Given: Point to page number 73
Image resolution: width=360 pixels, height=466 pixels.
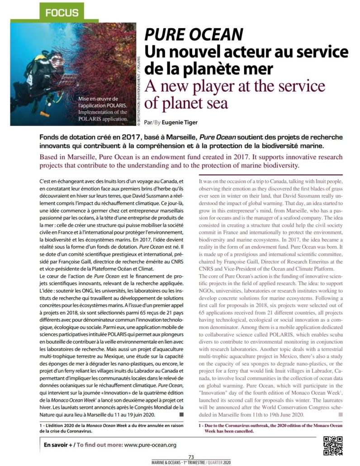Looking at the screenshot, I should point(191,457).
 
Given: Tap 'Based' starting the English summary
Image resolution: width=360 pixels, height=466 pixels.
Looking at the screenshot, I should point(50,156).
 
